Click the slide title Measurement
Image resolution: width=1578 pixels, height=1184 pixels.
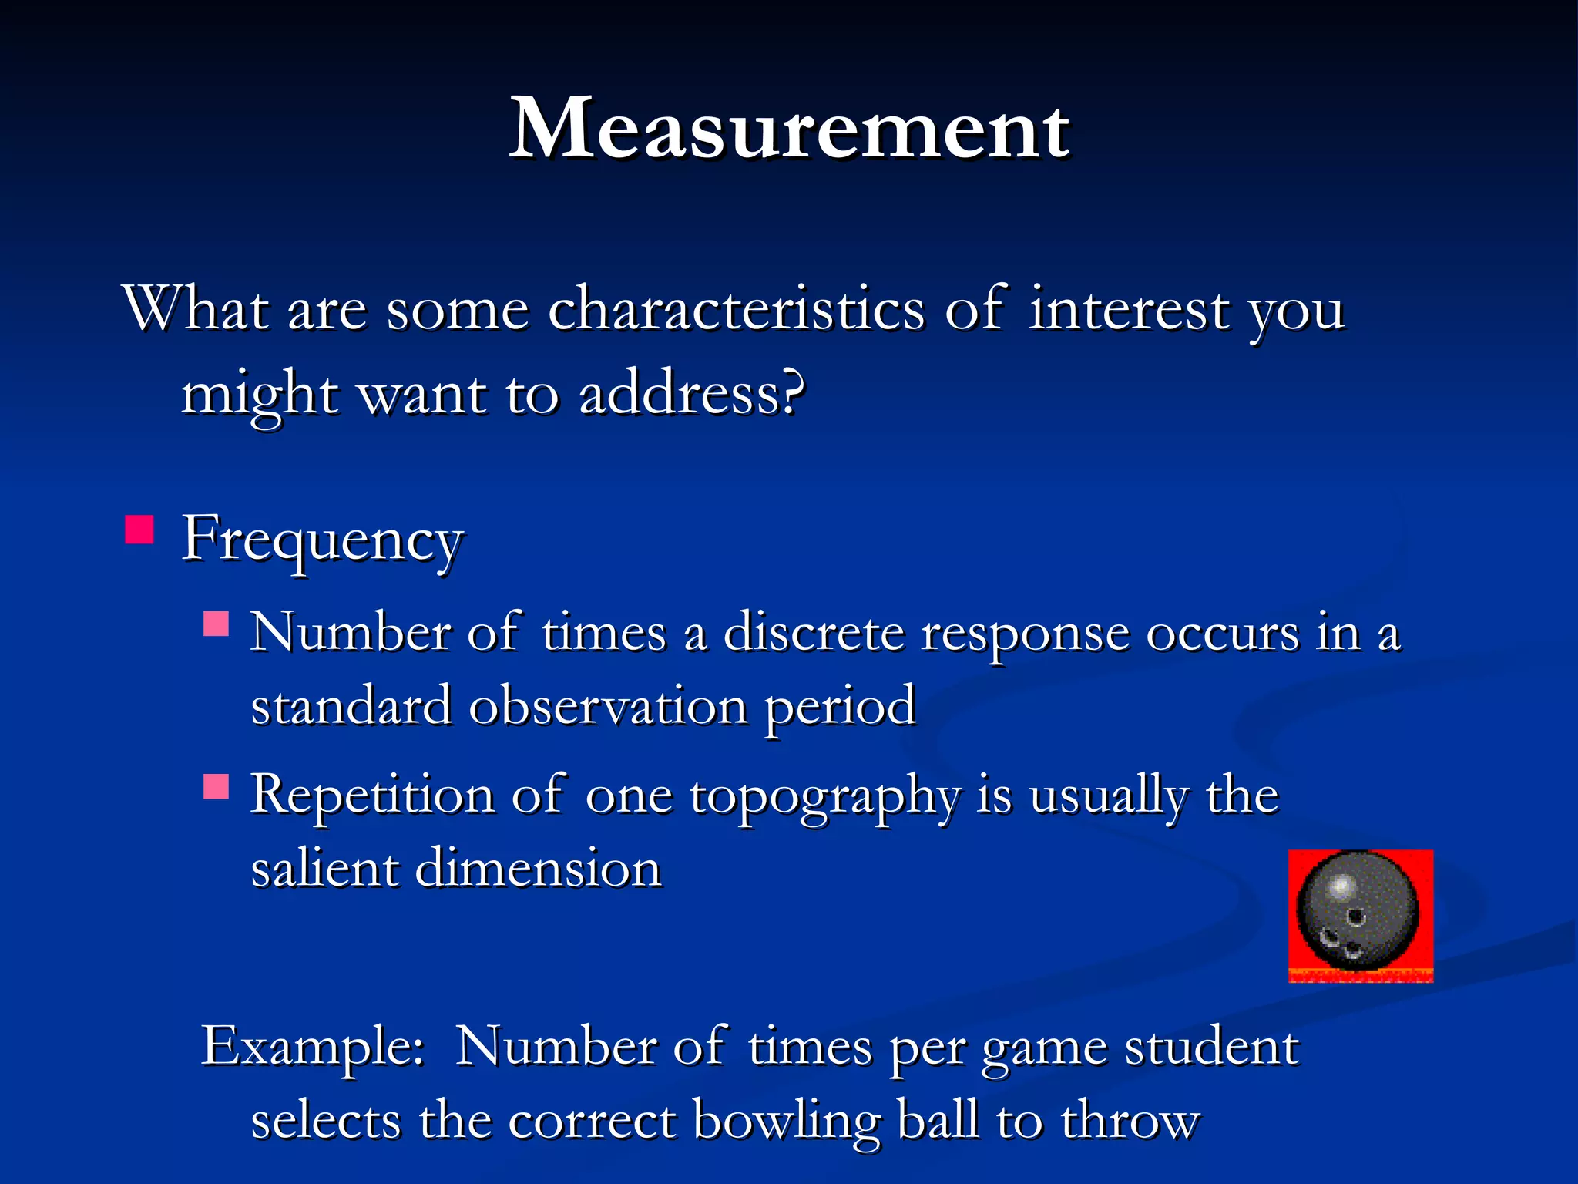[789, 129]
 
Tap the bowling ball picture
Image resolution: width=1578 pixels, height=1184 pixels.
[1360, 915]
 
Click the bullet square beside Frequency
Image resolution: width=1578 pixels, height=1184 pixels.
[139, 530]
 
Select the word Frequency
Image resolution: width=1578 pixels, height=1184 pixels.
[322, 540]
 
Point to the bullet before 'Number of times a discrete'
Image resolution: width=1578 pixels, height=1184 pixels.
[217, 623]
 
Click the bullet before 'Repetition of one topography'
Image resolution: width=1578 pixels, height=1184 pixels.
[217, 786]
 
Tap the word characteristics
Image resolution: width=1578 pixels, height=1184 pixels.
[736, 310]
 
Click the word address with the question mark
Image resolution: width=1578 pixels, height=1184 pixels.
[691, 395]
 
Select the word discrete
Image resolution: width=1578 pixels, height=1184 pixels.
[813, 634]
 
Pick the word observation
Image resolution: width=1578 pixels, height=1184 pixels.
[608, 706]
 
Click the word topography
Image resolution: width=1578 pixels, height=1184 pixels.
[824, 797]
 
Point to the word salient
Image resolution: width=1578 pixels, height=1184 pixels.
[324, 869]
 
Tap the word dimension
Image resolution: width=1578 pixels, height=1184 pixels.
[539, 869]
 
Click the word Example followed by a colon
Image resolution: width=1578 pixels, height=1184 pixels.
[312, 1047]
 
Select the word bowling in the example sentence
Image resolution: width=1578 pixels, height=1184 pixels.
[786, 1121]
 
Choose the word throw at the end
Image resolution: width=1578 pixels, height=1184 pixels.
[1130, 1121]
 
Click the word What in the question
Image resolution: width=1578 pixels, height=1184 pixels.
[196, 310]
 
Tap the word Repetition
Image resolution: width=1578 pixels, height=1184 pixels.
[372, 797]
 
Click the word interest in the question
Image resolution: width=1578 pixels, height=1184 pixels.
[1129, 310]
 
